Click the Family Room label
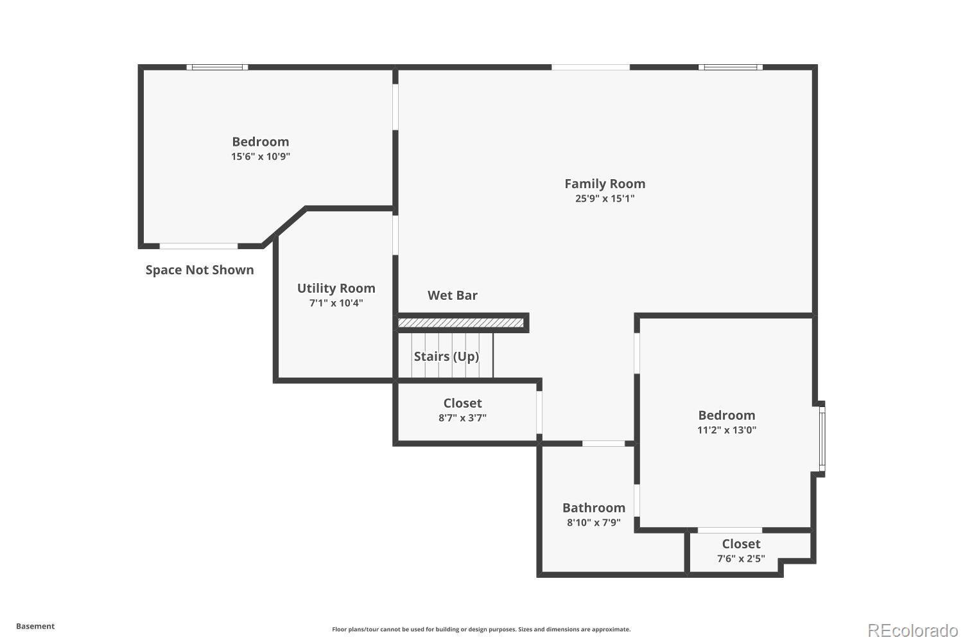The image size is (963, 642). click(x=605, y=184)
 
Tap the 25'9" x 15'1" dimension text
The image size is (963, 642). click(x=605, y=198)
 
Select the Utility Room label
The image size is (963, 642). click(x=336, y=288)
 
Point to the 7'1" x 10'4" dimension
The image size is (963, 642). click(x=336, y=303)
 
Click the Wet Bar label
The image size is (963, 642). click(x=453, y=295)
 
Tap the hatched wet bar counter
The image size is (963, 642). click(x=460, y=322)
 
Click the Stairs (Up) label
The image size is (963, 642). click(x=446, y=356)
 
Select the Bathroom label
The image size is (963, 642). click(x=594, y=508)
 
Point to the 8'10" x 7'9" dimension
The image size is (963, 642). click(x=594, y=523)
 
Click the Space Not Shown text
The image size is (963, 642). click(x=200, y=270)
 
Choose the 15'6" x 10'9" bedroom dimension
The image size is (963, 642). click(x=261, y=156)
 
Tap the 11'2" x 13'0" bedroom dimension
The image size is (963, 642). click(x=727, y=430)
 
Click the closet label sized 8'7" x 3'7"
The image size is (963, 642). click(x=462, y=403)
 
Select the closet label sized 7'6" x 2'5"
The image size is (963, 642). click(x=741, y=544)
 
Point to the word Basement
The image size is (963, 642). click(x=35, y=626)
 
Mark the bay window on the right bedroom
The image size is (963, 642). click(x=822, y=439)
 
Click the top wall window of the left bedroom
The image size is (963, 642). click(x=218, y=67)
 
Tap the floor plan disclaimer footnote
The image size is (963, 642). click(x=481, y=629)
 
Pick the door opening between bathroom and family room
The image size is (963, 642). click(x=603, y=444)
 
